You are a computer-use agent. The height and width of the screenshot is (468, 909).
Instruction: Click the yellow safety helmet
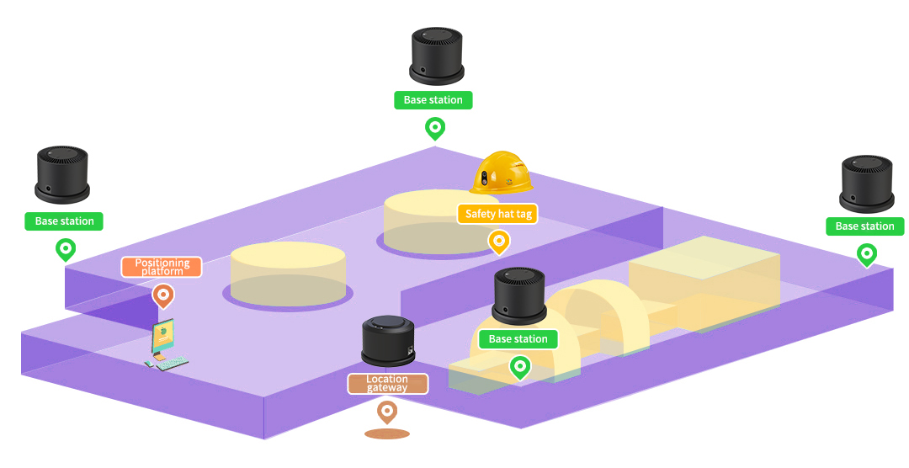[x=503, y=174]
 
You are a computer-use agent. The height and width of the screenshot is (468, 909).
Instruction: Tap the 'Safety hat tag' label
[x=498, y=214]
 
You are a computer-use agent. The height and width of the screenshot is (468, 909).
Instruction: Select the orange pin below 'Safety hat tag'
[x=498, y=242]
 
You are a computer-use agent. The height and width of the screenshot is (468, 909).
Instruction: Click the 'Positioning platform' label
[x=162, y=267]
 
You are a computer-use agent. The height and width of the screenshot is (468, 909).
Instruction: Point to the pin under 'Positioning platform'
[x=163, y=295]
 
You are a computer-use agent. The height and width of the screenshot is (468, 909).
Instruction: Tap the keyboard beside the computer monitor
[x=172, y=363]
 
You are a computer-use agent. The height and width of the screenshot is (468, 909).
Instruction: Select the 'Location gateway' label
[x=387, y=384]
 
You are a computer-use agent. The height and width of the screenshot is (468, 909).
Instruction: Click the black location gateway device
[x=387, y=341]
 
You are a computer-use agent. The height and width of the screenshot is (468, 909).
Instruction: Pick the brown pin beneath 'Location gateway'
[x=387, y=412]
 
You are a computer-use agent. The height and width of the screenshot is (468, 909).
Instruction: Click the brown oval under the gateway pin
[x=387, y=434]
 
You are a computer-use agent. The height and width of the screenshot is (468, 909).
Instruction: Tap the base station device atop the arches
[x=519, y=295]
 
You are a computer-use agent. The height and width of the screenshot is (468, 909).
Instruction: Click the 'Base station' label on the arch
[x=518, y=339]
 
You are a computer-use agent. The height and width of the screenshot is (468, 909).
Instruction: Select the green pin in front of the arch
[x=520, y=367]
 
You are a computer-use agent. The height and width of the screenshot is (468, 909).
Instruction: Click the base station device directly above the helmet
[x=435, y=56]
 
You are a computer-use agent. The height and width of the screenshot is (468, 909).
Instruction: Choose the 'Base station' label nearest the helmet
[x=433, y=100]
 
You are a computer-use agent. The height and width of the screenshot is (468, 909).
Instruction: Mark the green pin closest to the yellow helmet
[x=434, y=129]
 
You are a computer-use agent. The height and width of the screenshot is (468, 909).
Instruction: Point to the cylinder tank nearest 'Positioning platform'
[x=288, y=274]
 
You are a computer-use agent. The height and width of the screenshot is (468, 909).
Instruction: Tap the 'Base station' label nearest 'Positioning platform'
[x=65, y=221]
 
